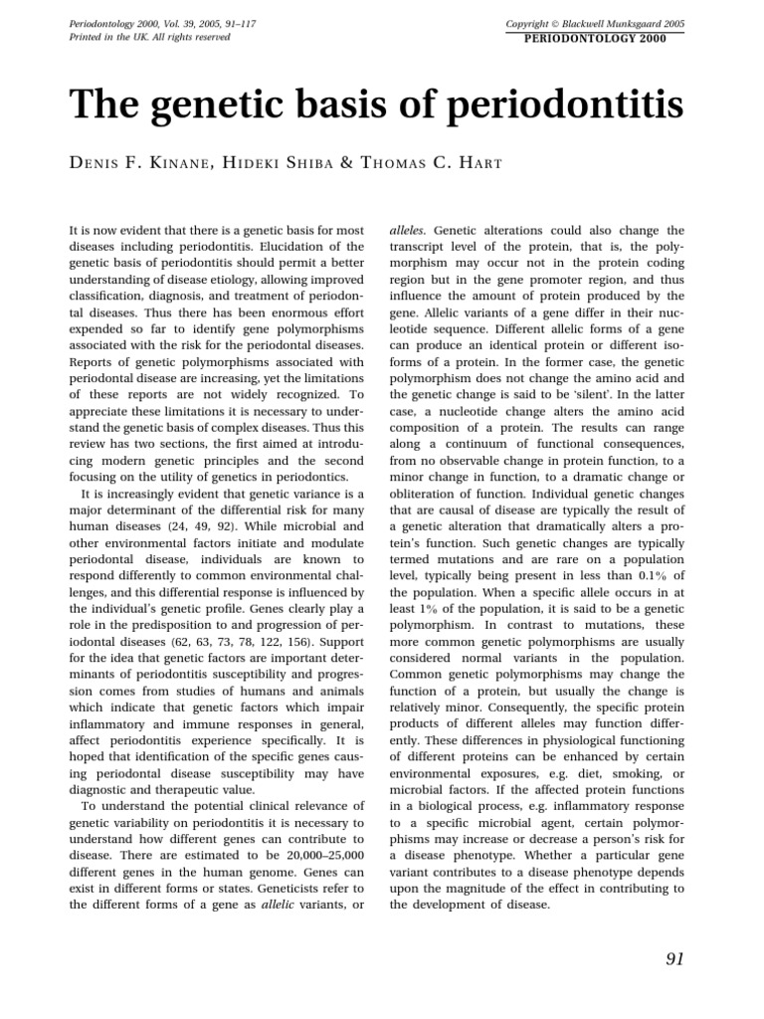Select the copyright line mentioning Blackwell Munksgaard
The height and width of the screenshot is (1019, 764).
point(595,22)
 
